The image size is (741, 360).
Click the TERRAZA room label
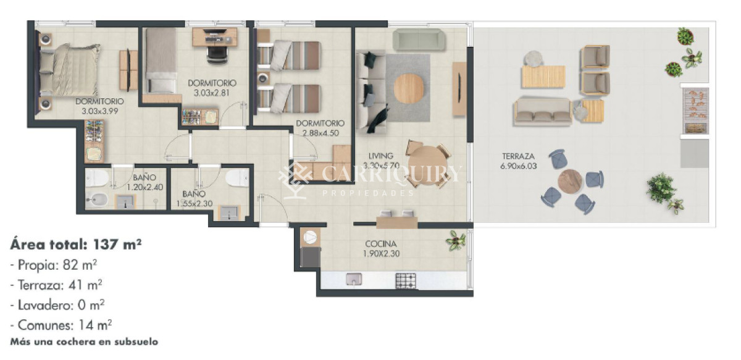(x=518, y=156)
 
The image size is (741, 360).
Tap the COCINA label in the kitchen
(x=381, y=244)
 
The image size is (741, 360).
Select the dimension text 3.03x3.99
(x=100, y=111)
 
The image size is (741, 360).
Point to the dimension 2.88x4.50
(x=320, y=133)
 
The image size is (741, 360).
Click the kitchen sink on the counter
(x=354, y=279)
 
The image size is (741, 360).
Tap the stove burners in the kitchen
(x=406, y=281)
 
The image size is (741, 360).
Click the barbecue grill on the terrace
(x=696, y=111)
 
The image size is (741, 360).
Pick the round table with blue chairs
(x=569, y=181)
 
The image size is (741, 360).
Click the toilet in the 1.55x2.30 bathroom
(x=237, y=178)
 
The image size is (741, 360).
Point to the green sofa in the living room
(x=419, y=40)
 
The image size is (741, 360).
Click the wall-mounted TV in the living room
(x=460, y=88)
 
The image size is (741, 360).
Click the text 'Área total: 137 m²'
(x=76, y=245)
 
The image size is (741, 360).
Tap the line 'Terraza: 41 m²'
(x=56, y=285)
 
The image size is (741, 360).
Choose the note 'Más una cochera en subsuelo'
(x=84, y=342)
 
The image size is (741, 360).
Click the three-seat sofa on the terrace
(x=543, y=112)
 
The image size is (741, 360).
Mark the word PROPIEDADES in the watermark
(x=369, y=193)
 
